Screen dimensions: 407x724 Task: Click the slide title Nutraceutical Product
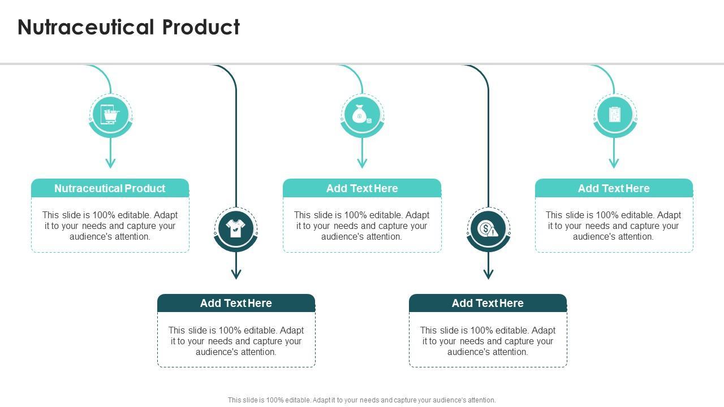click(129, 27)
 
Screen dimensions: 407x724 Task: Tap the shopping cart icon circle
click(110, 115)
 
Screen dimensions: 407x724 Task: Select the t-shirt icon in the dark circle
click(236, 229)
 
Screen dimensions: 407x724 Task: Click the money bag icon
click(362, 115)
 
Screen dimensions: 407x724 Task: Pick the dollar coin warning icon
click(488, 229)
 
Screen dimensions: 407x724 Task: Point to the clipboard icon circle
click(614, 115)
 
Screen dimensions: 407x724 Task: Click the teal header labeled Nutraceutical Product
click(110, 188)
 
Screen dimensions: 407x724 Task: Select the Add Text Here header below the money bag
click(362, 188)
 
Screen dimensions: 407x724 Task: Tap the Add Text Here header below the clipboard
click(614, 188)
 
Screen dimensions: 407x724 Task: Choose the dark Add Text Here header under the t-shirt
click(236, 303)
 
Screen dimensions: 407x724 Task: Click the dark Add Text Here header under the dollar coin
click(488, 303)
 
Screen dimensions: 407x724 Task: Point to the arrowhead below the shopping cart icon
click(110, 163)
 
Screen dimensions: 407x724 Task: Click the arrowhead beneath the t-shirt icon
click(236, 275)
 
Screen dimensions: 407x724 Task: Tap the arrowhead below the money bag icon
click(362, 163)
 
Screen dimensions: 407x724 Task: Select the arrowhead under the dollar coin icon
click(488, 275)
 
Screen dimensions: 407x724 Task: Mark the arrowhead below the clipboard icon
click(614, 163)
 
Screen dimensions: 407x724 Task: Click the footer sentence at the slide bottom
click(362, 400)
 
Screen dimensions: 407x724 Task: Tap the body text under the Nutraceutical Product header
click(110, 226)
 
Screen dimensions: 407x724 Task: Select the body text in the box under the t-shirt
click(236, 341)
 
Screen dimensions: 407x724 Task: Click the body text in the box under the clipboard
click(614, 226)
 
